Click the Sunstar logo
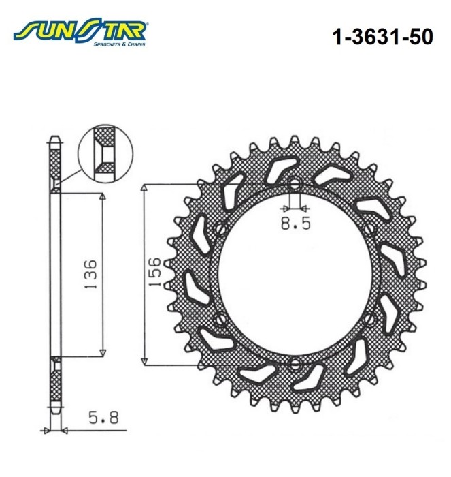[x=80, y=31]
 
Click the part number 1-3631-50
[x=383, y=37]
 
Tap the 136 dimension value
[x=90, y=275]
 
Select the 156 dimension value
[x=154, y=271]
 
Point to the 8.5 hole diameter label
[x=295, y=224]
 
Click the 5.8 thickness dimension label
[x=103, y=418]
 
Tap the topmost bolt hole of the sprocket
[x=295, y=183]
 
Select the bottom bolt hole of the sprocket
[x=295, y=365]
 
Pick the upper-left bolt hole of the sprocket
[x=221, y=229]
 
